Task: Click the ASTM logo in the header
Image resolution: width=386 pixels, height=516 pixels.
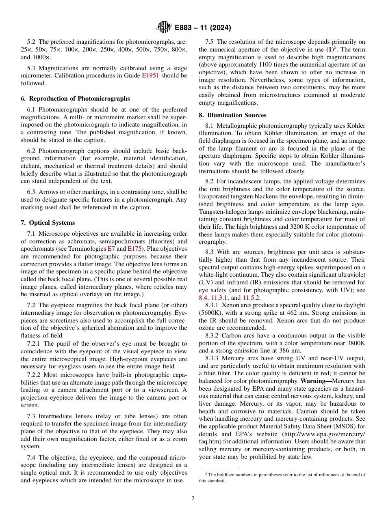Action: [164, 28]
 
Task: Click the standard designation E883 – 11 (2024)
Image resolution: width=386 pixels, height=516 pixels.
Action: [203, 28]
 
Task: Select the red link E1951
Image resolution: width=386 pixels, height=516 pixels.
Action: [150, 75]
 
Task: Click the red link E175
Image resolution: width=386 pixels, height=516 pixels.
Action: [134, 249]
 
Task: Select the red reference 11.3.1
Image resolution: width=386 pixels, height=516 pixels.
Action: [219, 298]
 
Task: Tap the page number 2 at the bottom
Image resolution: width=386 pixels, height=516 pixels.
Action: [193, 499]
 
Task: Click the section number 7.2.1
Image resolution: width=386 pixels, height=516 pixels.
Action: [35, 344]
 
